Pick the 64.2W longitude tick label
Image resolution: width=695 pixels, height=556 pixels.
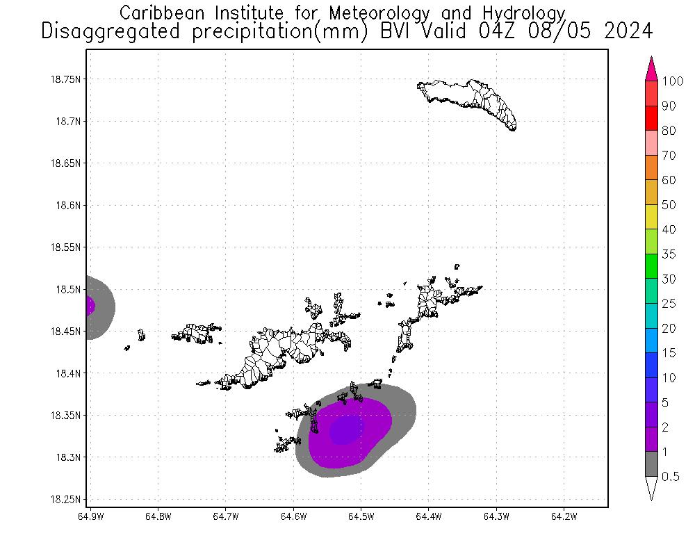point(564,516)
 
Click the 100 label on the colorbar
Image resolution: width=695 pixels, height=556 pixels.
point(673,81)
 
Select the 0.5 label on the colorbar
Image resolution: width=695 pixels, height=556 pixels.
point(671,476)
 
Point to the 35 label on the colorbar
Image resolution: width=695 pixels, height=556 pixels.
point(669,254)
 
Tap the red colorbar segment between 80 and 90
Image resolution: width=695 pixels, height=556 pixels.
point(651,118)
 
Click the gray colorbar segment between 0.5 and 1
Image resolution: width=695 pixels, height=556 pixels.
point(651,464)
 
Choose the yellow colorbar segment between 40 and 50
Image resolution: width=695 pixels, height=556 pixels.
point(651,217)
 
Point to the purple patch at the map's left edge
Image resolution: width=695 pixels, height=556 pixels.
point(90,306)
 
